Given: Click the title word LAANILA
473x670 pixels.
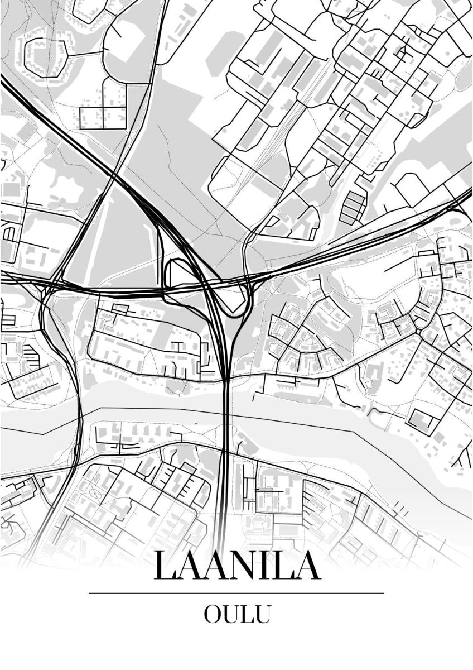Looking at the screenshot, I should (x=237, y=565).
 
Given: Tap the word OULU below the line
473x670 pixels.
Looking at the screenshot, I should (x=237, y=614).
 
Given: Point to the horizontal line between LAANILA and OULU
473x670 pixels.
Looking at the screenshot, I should (x=236, y=593).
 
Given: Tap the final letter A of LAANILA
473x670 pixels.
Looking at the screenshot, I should (x=307, y=565).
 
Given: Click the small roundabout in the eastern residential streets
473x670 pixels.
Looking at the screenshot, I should (x=418, y=332).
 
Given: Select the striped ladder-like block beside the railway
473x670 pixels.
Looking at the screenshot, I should (x=353, y=207).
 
